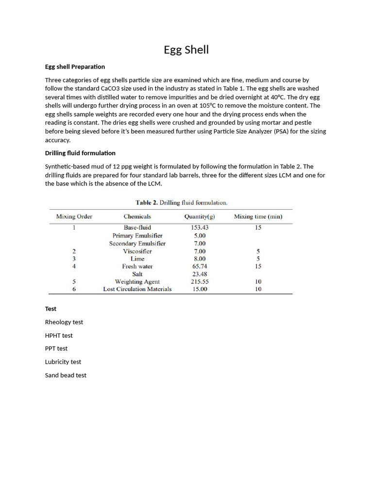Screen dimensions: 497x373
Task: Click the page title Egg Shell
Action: [186, 50]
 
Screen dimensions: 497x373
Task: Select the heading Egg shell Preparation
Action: [75, 66]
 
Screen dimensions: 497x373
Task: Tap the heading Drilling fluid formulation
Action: [80, 153]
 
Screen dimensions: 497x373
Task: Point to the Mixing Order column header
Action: [74, 216]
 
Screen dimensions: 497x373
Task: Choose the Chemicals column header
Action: [137, 216]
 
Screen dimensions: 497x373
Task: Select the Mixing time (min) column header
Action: [258, 216]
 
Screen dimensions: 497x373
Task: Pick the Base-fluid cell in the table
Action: [137, 227]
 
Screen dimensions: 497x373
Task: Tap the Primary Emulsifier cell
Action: [137, 235]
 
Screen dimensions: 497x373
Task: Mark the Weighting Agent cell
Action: [137, 282]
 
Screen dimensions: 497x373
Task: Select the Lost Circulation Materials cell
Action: [137, 289]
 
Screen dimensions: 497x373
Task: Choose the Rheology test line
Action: [64, 322]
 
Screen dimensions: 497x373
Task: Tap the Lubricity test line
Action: [63, 362]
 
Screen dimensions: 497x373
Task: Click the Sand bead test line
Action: [66, 375]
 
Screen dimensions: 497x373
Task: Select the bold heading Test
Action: [51, 309]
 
